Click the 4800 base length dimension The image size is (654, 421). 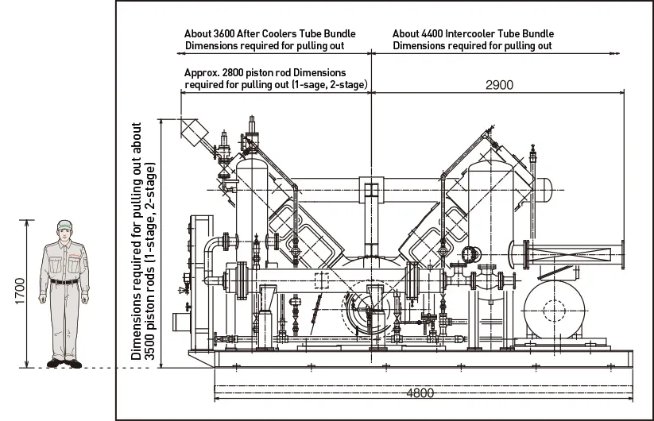click(x=420, y=393)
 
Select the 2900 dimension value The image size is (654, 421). click(x=499, y=85)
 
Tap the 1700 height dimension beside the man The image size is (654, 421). click(x=20, y=291)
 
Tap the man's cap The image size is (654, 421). click(x=64, y=224)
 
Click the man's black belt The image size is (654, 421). click(x=64, y=282)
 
